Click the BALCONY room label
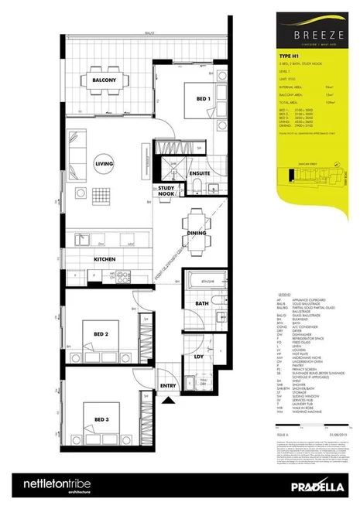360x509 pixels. (x=105, y=80)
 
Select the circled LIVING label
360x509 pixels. (x=103, y=164)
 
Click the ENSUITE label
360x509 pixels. (x=199, y=174)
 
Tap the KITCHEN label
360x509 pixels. (x=105, y=258)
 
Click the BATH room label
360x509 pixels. (x=201, y=304)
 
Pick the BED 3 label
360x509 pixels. (x=101, y=418)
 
